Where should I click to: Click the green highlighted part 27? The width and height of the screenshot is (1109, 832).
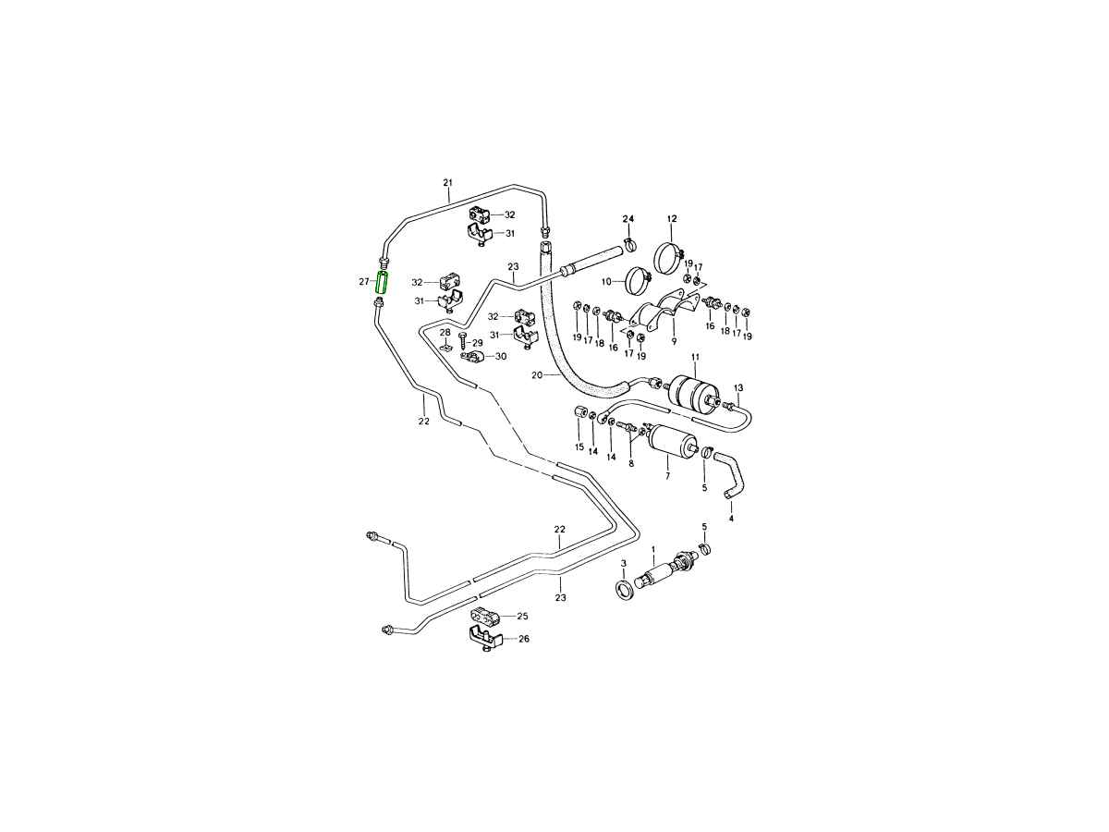coord(381,282)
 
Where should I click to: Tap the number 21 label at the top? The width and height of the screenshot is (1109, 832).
coord(447,182)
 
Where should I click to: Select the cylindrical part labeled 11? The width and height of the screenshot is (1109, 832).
coord(691,390)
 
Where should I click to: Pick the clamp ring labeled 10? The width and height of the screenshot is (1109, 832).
coord(638,276)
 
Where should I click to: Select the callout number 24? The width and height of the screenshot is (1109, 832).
coord(628,219)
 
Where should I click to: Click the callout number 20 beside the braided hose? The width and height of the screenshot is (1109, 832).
coord(537,375)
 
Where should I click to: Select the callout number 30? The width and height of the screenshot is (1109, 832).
coord(501,356)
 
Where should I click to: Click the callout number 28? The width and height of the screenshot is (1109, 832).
coord(445,333)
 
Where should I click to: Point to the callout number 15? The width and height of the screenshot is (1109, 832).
coord(579,447)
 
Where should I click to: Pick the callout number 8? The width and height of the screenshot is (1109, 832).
coord(631,463)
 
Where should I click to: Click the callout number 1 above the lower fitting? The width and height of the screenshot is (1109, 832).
coord(653,549)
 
